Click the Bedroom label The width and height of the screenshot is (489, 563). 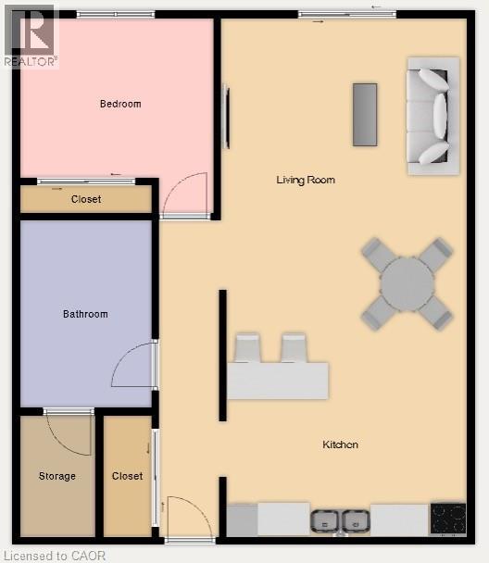pyautogui.click(x=120, y=104)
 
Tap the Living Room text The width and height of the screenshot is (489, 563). pyautogui.click(x=306, y=180)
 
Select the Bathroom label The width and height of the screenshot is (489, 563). pyautogui.click(x=85, y=314)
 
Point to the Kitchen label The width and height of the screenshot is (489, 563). pyautogui.click(x=340, y=444)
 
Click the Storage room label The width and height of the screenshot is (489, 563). pyautogui.click(x=57, y=476)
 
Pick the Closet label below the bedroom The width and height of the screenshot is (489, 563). pyautogui.click(x=86, y=199)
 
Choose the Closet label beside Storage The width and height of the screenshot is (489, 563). pyautogui.click(x=128, y=476)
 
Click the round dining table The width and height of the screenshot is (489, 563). pyautogui.click(x=407, y=283)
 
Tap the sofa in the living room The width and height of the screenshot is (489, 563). pyautogui.click(x=433, y=115)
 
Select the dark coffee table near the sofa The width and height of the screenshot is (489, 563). pyautogui.click(x=365, y=114)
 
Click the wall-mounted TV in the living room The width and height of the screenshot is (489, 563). pyautogui.click(x=227, y=117)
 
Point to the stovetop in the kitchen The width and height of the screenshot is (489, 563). pyautogui.click(x=448, y=518)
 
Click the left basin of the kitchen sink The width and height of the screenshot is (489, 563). pyautogui.click(x=326, y=520)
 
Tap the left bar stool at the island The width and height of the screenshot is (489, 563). pyautogui.click(x=248, y=348)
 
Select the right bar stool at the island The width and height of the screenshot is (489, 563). pyautogui.click(x=295, y=348)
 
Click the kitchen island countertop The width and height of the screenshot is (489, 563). pyautogui.click(x=278, y=381)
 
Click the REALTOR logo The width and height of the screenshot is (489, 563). pyautogui.click(x=30, y=34)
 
